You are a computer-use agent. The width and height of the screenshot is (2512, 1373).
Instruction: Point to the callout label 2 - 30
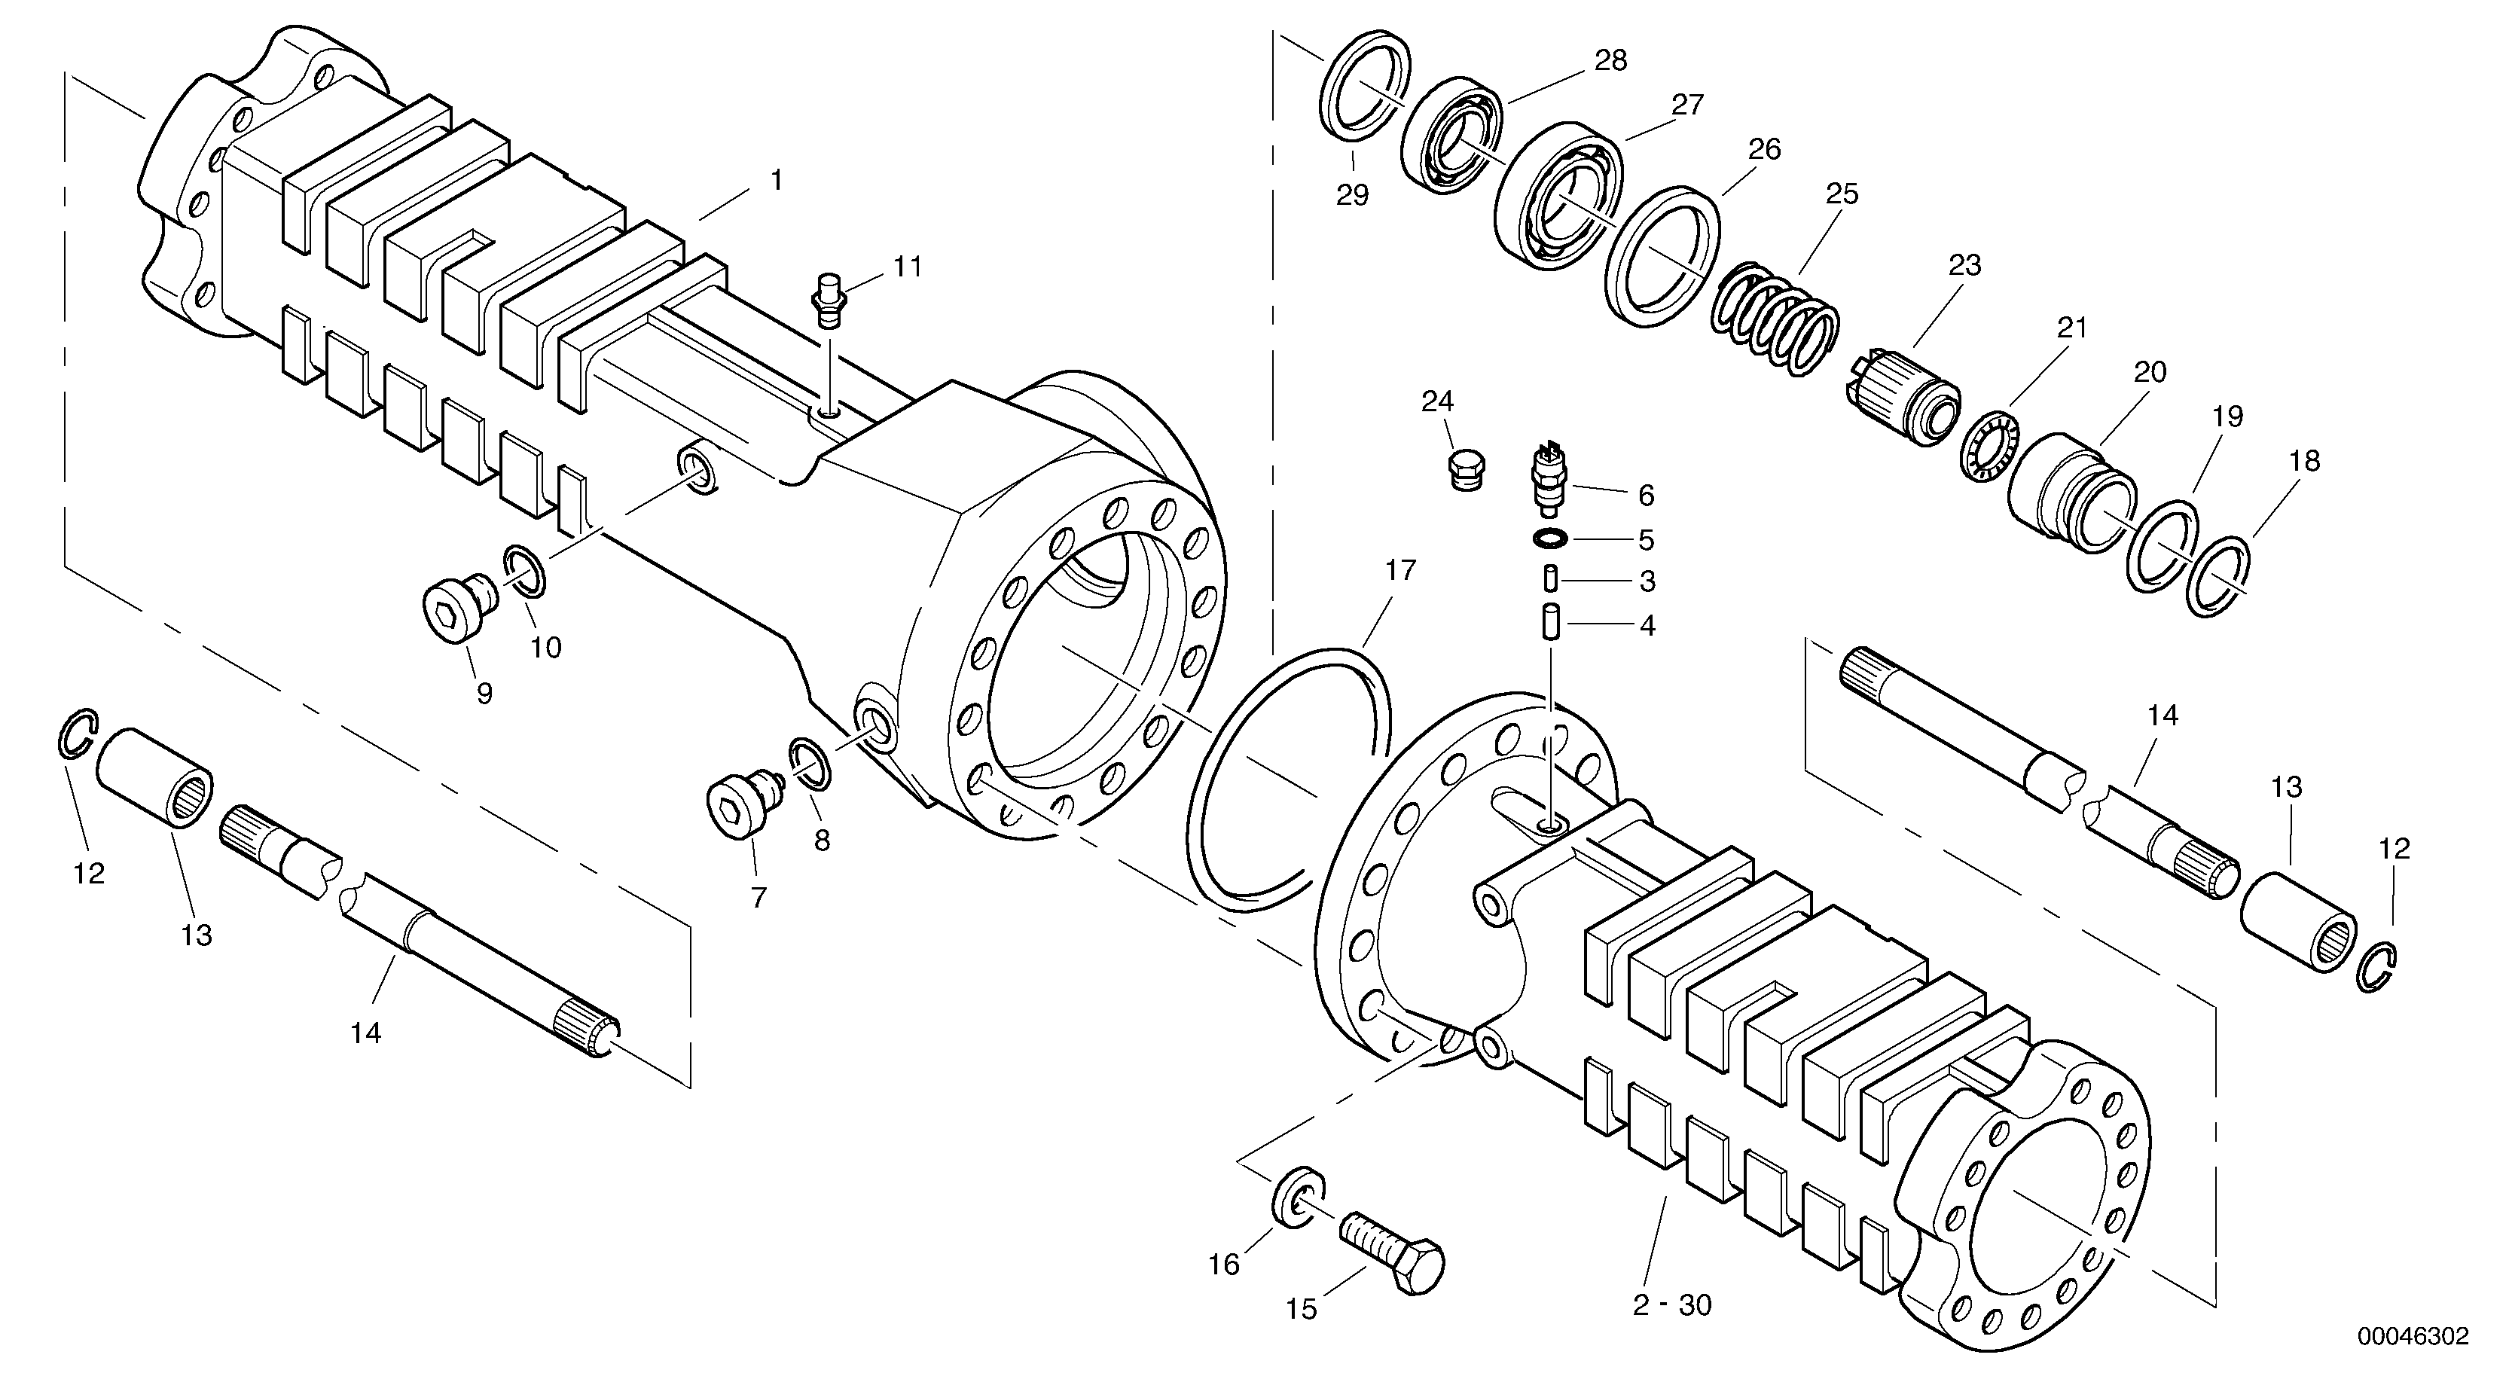coord(1671,1304)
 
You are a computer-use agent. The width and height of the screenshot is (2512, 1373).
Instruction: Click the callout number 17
coord(1400,570)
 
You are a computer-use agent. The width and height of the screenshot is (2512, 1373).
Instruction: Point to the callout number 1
coord(777,181)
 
